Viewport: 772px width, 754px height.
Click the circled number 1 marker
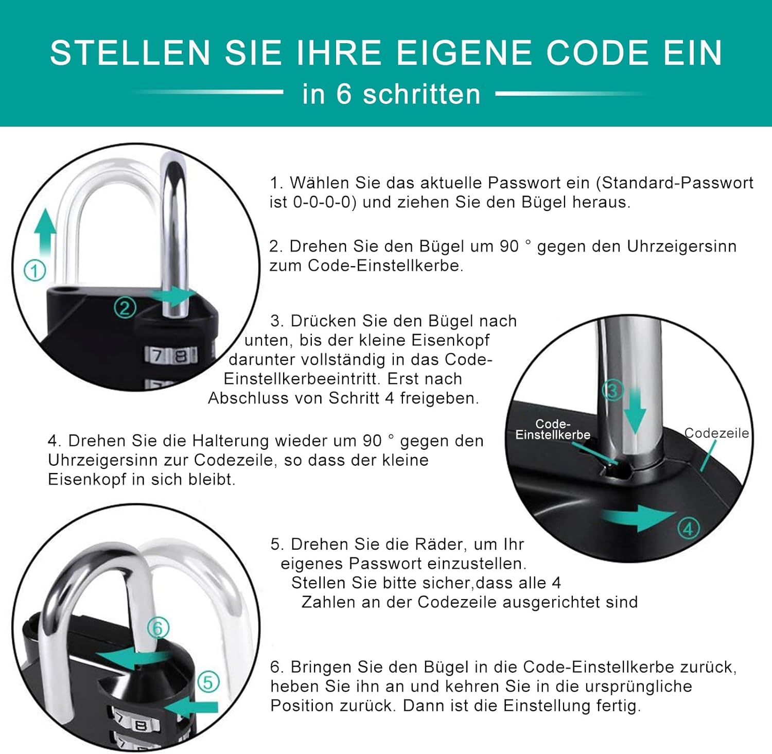click(x=35, y=271)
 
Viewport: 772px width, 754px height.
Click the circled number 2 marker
click(x=125, y=308)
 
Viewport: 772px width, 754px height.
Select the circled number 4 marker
click(x=689, y=529)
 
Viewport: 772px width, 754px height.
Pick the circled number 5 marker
click(x=208, y=682)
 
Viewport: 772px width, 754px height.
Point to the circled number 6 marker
click(x=158, y=628)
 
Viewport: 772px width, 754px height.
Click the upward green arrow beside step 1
click(x=45, y=232)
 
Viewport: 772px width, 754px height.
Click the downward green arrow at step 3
click(x=635, y=409)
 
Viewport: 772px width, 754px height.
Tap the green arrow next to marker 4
click(x=638, y=517)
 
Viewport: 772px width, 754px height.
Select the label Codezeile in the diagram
click(x=716, y=433)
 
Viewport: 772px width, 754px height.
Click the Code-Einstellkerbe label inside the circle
click(x=553, y=429)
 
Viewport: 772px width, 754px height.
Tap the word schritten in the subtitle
click(x=422, y=94)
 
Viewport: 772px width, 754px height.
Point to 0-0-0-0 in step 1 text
click(x=325, y=202)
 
